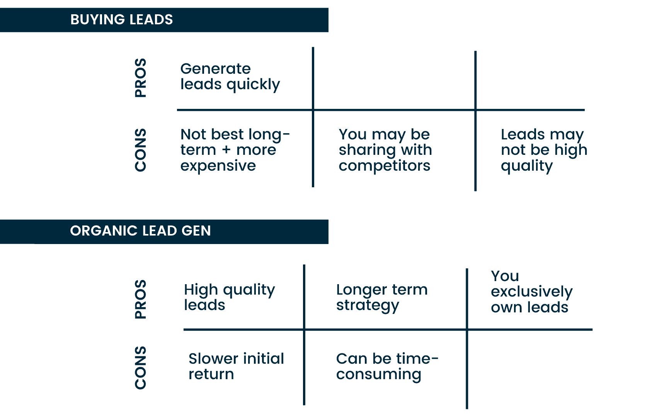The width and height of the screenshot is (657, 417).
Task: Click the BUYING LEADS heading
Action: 121,20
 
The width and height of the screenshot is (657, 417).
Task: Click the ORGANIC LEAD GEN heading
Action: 140,231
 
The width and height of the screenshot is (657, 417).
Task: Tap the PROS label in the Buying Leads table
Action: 141,78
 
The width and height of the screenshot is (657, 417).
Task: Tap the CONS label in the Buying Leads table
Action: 141,150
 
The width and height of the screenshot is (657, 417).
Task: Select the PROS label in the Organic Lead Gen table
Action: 141,299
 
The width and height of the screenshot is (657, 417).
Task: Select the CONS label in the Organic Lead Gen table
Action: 141,368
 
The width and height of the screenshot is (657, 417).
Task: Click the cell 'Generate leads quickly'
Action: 230,77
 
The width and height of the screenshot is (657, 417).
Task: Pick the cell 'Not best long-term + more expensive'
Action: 235,150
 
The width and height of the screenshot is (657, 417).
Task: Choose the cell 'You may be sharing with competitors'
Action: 385,150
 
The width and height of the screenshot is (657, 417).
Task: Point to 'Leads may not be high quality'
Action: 544,150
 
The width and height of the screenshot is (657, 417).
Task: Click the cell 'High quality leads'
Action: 229,297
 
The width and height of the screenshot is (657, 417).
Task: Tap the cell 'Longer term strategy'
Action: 381,298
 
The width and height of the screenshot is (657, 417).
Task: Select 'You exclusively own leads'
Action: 531,292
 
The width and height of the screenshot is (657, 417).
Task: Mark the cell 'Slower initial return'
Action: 236,366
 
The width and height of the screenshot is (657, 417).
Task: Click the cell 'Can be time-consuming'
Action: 387,367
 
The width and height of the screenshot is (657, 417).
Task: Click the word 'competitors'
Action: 384,166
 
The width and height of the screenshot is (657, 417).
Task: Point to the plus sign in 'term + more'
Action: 226,150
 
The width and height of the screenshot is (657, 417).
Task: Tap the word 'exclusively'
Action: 531,292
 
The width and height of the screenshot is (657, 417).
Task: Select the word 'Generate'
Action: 215,69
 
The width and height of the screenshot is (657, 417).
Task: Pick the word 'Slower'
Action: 213,359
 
